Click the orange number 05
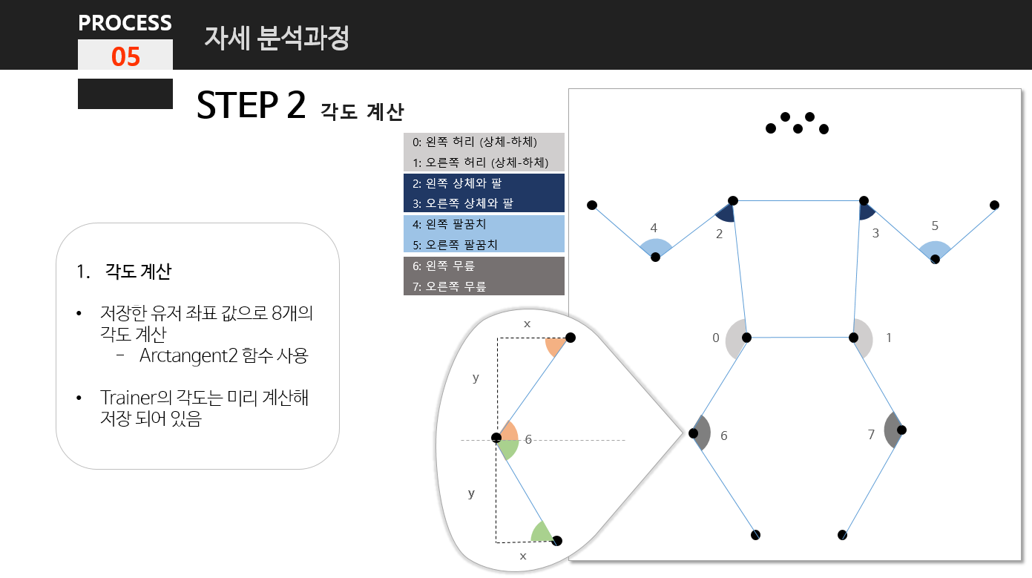tap(125, 56)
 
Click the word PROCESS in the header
tap(125, 23)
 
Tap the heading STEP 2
tap(251, 106)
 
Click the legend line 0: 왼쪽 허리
tap(475, 142)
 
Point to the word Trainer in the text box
tap(128, 398)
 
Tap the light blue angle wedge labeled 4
tap(656, 248)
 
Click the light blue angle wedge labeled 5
tap(935, 250)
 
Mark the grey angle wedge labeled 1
tap(863, 338)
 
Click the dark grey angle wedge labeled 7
tap(893, 430)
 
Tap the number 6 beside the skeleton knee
tap(723, 436)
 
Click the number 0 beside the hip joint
tap(716, 338)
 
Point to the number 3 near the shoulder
tap(875, 233)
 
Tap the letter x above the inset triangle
tap(527, 324)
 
